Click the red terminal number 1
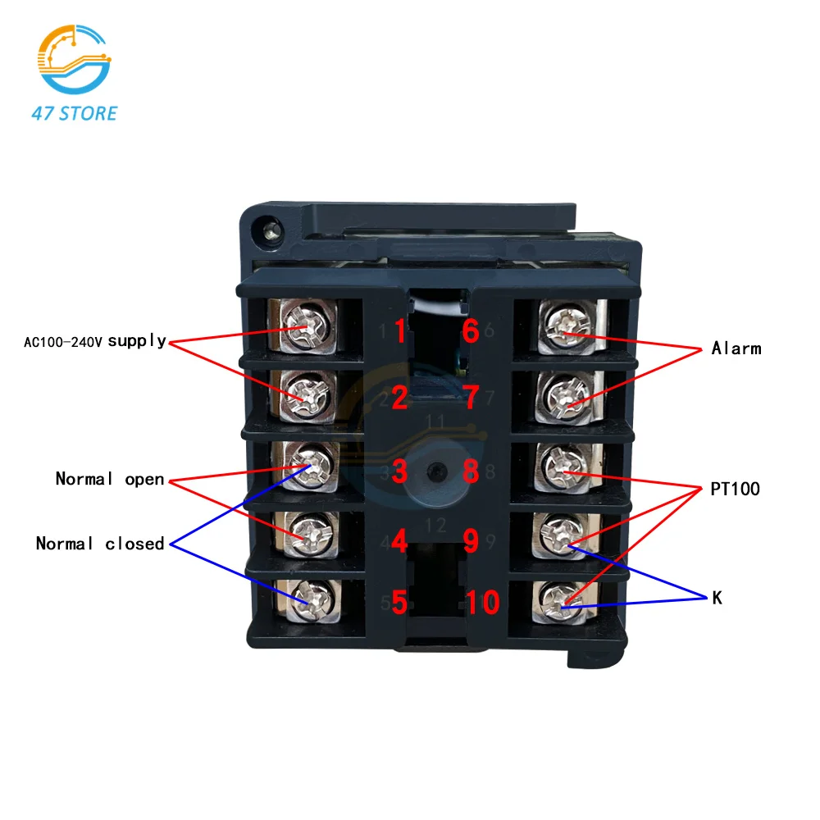pos(399,332)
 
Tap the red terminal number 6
pos(470,332)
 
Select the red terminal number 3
pos(399,471)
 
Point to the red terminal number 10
pos(484,603)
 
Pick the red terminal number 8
pos(470,471)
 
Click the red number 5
pos(399,603)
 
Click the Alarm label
pos(736,348)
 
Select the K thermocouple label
pos(717,599)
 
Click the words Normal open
pos(110,479)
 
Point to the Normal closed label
pos(100,544)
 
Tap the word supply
pos(137,340)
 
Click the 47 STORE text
pos(75,113)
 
